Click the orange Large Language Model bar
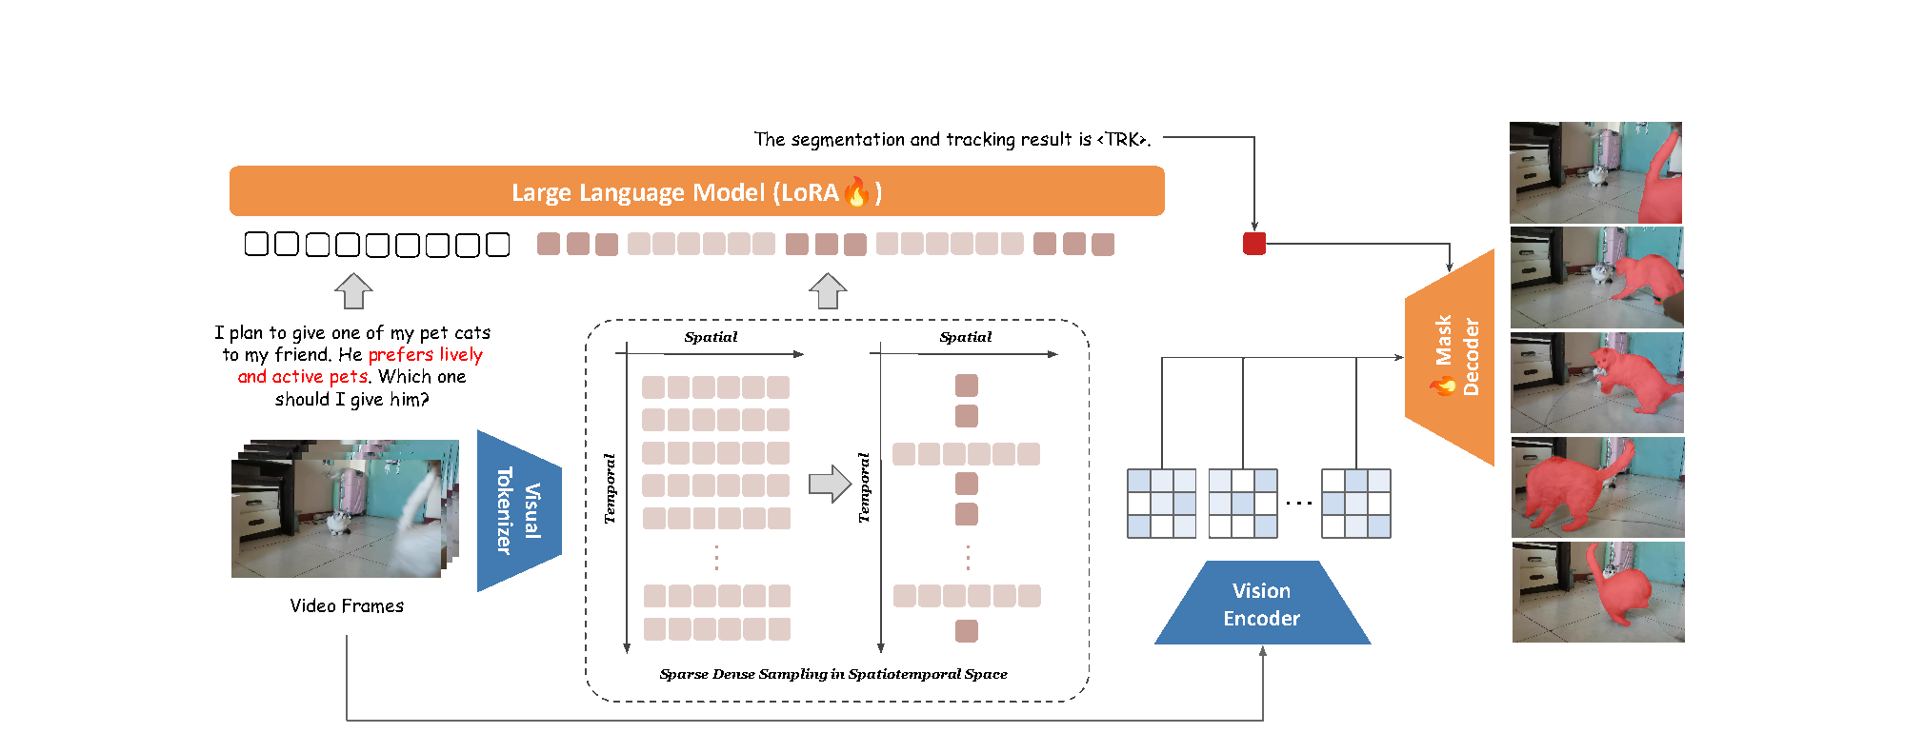click(x=696, y=191)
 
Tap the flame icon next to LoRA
click(x=857, y=191)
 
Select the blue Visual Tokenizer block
click(x=519, y=510)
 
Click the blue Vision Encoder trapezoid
click(x=1262, y=604)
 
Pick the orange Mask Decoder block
click(x=1450, y=357)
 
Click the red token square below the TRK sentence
click(x=1254, y=244)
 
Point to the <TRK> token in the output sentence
click(x=1122, y=140)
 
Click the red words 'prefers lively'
click(x=425, y=355)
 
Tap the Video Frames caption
click(x=347, y=605)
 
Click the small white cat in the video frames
click(x=338, y=522)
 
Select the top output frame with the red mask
click(x=1595, y=172)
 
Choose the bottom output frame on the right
click(x=1598, y=592)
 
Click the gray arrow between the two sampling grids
click(x=830, y=484)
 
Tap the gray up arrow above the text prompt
click(x=353, y=291)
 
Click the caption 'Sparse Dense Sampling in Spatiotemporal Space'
click(x=833, y=674)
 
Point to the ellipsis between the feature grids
click(x=1299, y=503)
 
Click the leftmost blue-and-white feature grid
click(x=1161, y=504)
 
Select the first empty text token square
click(x=256, y=245)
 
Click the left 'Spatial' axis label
click(x=711, y=337)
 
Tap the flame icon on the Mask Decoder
click(x=1443, y=385)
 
